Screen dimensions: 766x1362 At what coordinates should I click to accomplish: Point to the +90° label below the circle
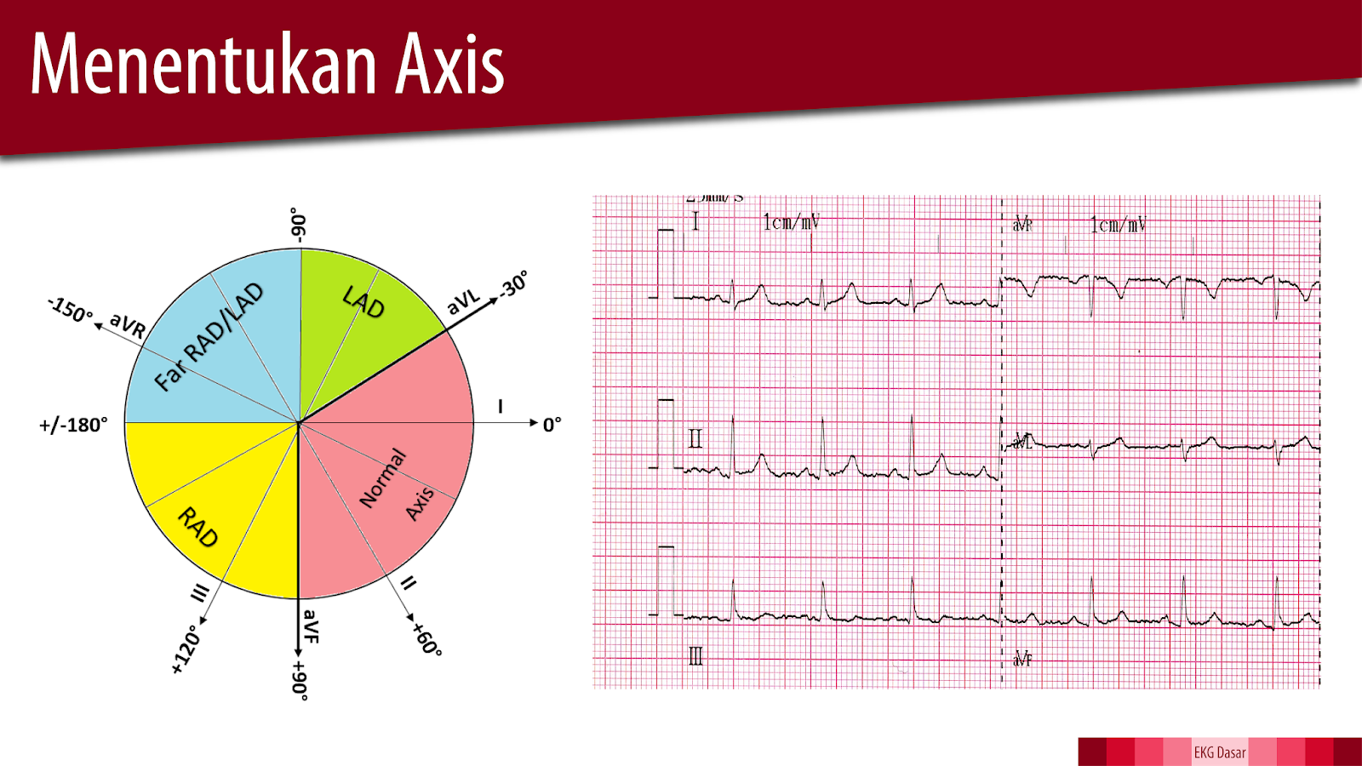[x=300, y=679]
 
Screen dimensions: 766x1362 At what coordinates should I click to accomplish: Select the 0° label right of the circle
[x=552, y=424]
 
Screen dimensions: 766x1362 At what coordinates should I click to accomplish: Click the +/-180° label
[x=74, y=425]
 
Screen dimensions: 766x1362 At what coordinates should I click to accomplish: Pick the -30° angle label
[x=513, y=284]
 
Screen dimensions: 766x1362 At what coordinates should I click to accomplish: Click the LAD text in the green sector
[x=363, y=301]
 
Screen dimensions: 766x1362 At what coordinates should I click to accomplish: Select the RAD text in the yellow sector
[x=198, y=527]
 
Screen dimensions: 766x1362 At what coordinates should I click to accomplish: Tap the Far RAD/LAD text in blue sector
[x=209, y=337]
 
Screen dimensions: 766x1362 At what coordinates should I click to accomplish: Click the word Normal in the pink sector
[x=383, y=478]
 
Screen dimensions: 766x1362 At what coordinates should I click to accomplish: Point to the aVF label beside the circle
[x=311, y=626]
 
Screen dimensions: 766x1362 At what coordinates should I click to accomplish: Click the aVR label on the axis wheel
[x=128, y=326]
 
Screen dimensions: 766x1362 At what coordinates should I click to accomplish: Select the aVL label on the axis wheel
[x=464, y=301]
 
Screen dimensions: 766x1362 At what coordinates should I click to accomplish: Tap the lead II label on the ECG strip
[x=695, y=438]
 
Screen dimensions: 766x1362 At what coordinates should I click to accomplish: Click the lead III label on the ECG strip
[x=695, y=655]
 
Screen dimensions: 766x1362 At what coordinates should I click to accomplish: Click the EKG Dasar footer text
[x=1219, y=752]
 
